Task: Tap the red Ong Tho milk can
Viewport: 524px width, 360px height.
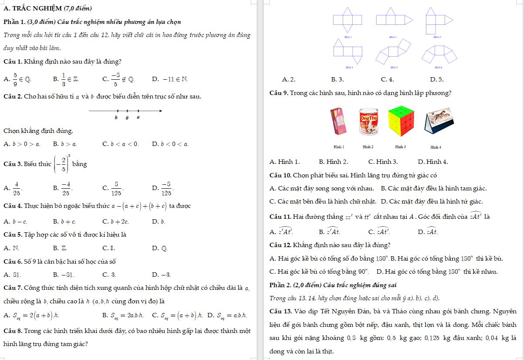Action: [369, 122]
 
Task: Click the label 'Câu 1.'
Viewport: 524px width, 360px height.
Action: [13, 61]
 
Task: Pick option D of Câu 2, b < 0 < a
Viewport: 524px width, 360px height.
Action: [170, 144]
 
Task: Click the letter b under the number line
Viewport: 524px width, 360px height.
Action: [116, 118]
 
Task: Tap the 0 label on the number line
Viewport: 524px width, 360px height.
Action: [127, 118]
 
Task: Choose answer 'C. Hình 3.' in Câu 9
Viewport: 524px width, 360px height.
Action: [383, 162]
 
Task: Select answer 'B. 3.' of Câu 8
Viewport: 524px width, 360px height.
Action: [337, 80]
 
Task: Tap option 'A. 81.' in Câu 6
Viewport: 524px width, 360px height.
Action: [12, 275]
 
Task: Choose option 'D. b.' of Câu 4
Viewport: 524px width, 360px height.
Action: [159, 222]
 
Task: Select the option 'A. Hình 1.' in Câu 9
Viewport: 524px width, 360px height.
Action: [285, 162]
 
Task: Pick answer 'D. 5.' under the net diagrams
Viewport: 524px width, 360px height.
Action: [436, 80]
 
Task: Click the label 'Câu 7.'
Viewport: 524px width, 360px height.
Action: [13, 288]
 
